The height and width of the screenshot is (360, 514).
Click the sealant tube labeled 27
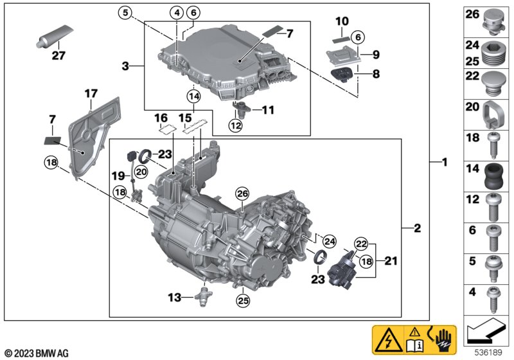[54, 37]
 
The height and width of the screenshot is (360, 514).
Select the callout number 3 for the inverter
[125, 66]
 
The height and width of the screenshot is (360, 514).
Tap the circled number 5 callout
[125, 13]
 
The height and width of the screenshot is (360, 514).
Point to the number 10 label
[342, 22]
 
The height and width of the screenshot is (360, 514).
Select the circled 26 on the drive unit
[243, 194]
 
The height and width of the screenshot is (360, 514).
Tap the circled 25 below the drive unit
[244, 300]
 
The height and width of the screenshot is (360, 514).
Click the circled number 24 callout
[329, 242]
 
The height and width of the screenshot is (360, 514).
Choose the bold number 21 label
[391, 261]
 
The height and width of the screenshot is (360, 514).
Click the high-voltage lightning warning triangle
[389, 339]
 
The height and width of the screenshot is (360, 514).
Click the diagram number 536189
[488, 353]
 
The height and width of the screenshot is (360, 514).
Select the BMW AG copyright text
[37, 353]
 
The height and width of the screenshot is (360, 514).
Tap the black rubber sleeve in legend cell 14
[494, 176]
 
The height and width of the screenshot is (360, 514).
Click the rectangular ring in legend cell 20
[493, 115]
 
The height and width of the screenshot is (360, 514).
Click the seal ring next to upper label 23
[145, 156]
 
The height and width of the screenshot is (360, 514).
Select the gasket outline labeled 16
[167, 130]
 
